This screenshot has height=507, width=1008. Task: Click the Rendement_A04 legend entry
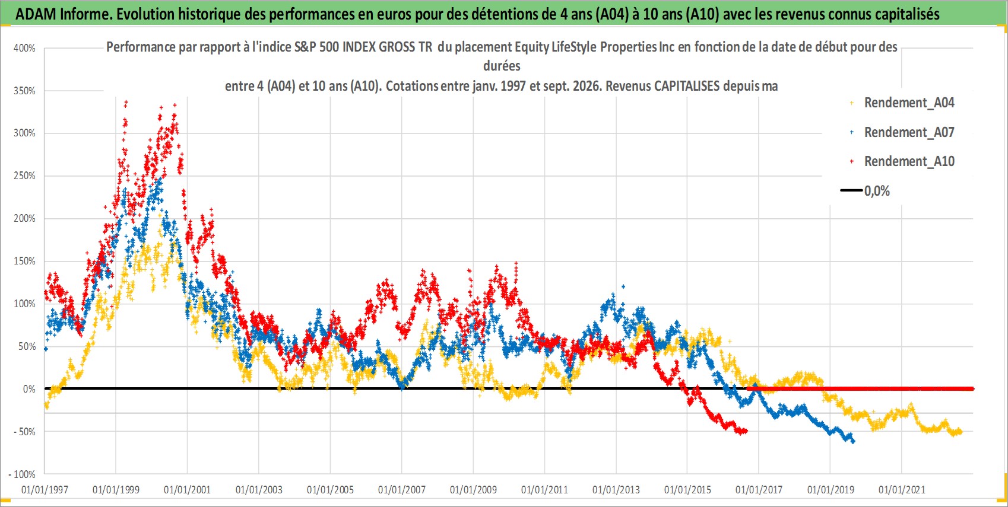tap(902, 103)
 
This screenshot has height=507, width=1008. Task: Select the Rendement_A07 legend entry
tap(902, 132)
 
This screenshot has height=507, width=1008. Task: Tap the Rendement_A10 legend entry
tap(902, 161)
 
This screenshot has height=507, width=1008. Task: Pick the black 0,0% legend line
tap(851, 190)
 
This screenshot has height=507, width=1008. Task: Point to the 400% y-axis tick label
tap(24, 48)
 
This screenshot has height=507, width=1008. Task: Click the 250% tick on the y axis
tap(24, 176)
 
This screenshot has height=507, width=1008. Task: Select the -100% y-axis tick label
tap(21, 474)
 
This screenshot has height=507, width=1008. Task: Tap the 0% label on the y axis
tap(29, 389)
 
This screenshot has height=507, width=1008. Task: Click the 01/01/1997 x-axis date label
tap(45, 489)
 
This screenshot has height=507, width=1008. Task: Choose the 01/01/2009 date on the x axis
tap(473, 489)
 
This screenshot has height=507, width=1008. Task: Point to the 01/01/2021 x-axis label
tap(902, 489)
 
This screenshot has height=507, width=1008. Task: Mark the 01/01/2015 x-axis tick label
tap(687, 489)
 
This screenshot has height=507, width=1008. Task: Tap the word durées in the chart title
tap(502, 66)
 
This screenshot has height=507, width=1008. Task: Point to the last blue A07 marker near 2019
tap(853, 442)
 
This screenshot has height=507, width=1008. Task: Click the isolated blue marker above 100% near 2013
tap(623, 286)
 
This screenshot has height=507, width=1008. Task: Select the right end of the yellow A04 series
tap(961, 432)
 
